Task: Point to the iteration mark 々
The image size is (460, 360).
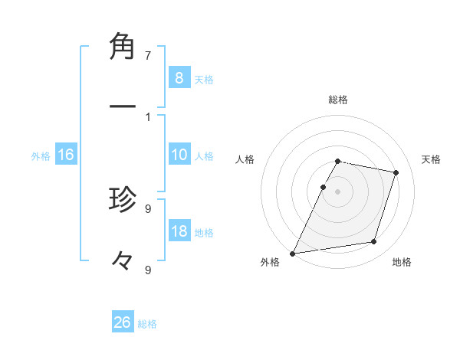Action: [123, 260]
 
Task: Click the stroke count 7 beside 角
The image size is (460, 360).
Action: [148, 55]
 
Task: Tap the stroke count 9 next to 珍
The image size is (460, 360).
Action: [148, 208]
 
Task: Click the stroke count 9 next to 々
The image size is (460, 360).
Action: [148, 270]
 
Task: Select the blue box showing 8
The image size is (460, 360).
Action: [179, 77]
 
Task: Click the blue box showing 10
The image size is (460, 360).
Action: [179, 155]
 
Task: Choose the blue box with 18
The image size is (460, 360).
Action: [179, 231]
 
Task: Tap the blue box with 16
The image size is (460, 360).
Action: [66, 155]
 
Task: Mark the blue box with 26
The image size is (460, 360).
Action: [123, 322]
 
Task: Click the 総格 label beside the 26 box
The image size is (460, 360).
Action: [147, 324]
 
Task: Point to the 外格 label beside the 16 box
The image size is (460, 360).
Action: [41, 155]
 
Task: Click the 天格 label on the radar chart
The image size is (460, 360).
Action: [431, 159]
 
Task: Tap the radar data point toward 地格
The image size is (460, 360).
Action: [374, 242]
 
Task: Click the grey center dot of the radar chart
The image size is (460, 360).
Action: [337, 191]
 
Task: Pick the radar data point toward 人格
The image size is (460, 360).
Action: [323, 187]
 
